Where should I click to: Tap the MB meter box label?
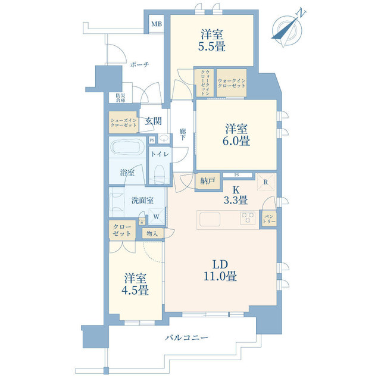tap(156, 24)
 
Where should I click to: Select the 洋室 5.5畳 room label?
tap(213, 40)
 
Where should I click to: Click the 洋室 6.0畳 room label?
tap(237, 135)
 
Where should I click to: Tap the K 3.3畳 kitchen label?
tap(236, 195)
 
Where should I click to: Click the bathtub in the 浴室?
tap(127, 148)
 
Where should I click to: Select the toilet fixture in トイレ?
tap(158, 173)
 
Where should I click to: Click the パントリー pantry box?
tap(269, 218)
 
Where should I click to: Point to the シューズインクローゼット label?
tap(123, 123)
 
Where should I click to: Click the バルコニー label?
tap(187, 338)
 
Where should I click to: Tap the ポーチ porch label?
tap(139, 65)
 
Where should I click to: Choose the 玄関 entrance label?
tap(153, 121)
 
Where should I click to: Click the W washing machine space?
tap(156, 217)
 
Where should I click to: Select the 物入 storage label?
tap(152, 233)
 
